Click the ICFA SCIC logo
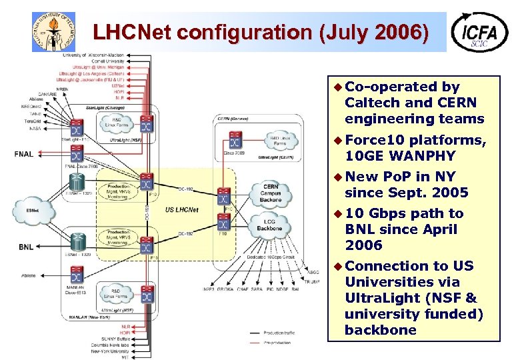coord(479,32)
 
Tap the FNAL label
coord(24,154)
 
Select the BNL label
coord(25,247)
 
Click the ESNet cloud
coord(31,211)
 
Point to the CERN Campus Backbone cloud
coord(270,192)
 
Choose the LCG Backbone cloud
coord(270,225)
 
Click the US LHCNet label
coord(181,210)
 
